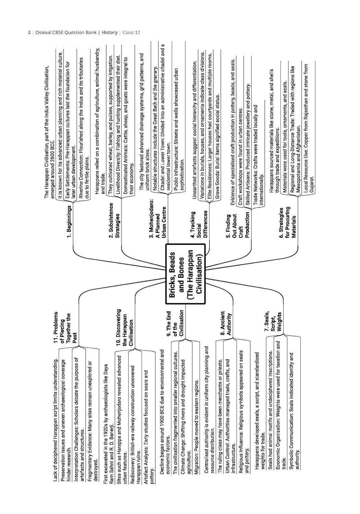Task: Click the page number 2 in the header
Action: point(29,33)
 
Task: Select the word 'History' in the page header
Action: point(110,33)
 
